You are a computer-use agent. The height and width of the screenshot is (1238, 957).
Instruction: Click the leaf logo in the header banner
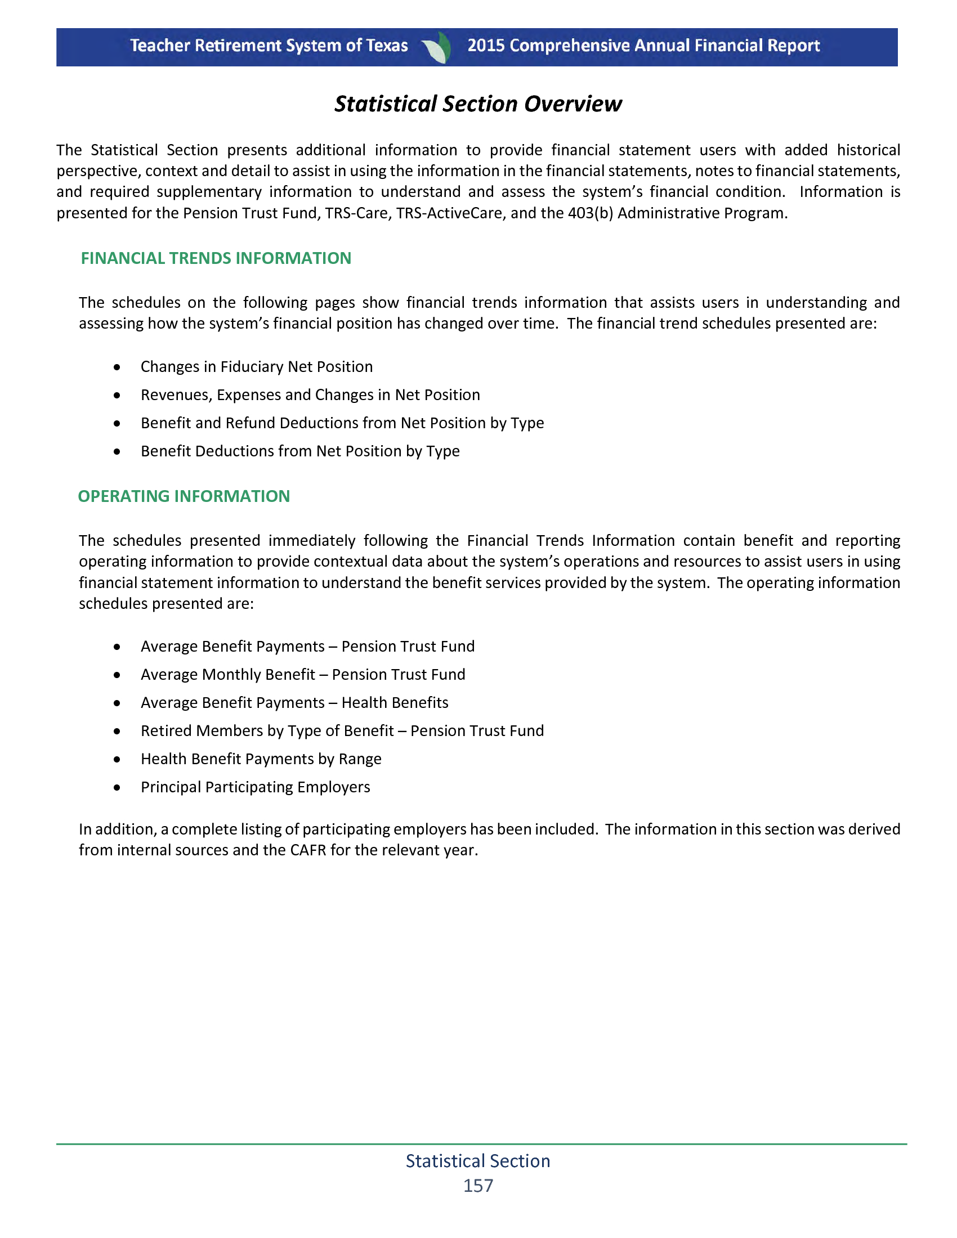pos(437,47)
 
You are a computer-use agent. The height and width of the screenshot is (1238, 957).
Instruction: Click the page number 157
pos(478,1185)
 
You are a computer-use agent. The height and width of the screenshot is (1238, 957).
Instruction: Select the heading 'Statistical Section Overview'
pos(478,104)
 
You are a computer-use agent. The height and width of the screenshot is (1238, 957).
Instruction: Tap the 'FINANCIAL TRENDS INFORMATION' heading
pos(216,258)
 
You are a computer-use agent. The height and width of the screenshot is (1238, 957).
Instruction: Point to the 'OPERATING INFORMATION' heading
pos(184,496)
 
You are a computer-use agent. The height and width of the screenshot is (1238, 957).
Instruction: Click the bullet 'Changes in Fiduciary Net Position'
pos(256,367)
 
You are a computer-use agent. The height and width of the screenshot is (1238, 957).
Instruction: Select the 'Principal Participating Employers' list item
pos(255,787)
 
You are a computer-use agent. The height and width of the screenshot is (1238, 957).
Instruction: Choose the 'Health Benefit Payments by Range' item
pos(261,759)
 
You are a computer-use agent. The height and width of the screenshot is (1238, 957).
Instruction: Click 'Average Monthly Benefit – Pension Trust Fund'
pos(303,675)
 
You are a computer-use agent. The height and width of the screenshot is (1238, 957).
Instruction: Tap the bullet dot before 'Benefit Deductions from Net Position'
pos(117,452)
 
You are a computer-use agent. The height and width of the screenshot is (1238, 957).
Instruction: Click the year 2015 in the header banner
pos(486,46)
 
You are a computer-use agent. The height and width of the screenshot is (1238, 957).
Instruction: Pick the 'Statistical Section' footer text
pos(478,1161)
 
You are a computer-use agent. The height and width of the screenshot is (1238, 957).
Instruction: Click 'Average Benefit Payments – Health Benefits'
pos(294,703)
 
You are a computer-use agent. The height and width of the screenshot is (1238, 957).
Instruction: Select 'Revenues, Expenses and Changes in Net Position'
pos(310,395)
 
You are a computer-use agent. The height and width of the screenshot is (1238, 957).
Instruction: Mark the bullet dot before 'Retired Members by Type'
pos(117,731)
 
